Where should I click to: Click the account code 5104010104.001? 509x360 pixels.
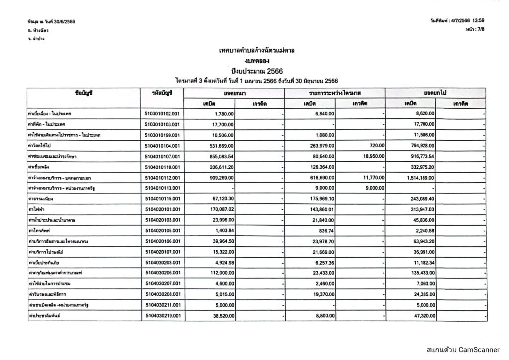click(x=162, y=146)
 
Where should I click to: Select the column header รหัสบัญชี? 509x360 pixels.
click(x=162, y=93)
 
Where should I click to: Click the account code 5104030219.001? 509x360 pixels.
click(x=162, y=315)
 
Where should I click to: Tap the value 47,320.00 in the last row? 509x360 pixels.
click(x=423, y=315)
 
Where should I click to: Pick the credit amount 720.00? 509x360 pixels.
click(x=376, y=146)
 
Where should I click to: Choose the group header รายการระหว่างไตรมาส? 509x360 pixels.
click(x=335, y=93)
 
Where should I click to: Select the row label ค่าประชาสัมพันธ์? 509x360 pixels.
click(x=45, y=315)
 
